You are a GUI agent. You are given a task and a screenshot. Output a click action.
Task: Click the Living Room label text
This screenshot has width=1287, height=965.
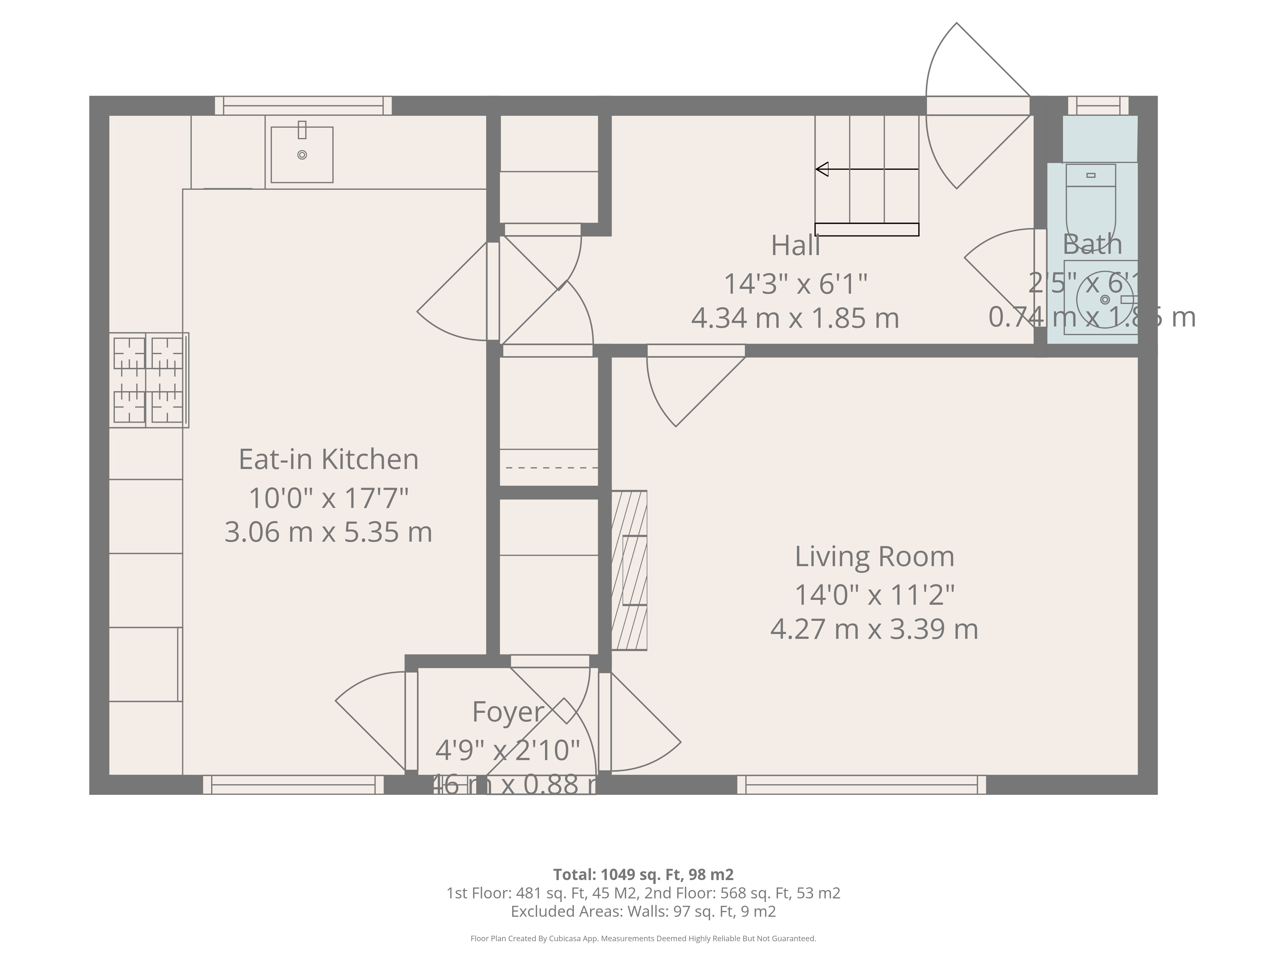tap(875, 557)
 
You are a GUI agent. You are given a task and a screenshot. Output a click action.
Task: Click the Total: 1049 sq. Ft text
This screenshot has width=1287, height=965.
tap(643, 874)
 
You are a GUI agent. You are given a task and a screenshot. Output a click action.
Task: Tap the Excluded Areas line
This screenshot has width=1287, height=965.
tap(643, 911)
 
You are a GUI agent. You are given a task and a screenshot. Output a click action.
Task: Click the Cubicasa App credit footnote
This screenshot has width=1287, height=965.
tap(643, 938)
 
